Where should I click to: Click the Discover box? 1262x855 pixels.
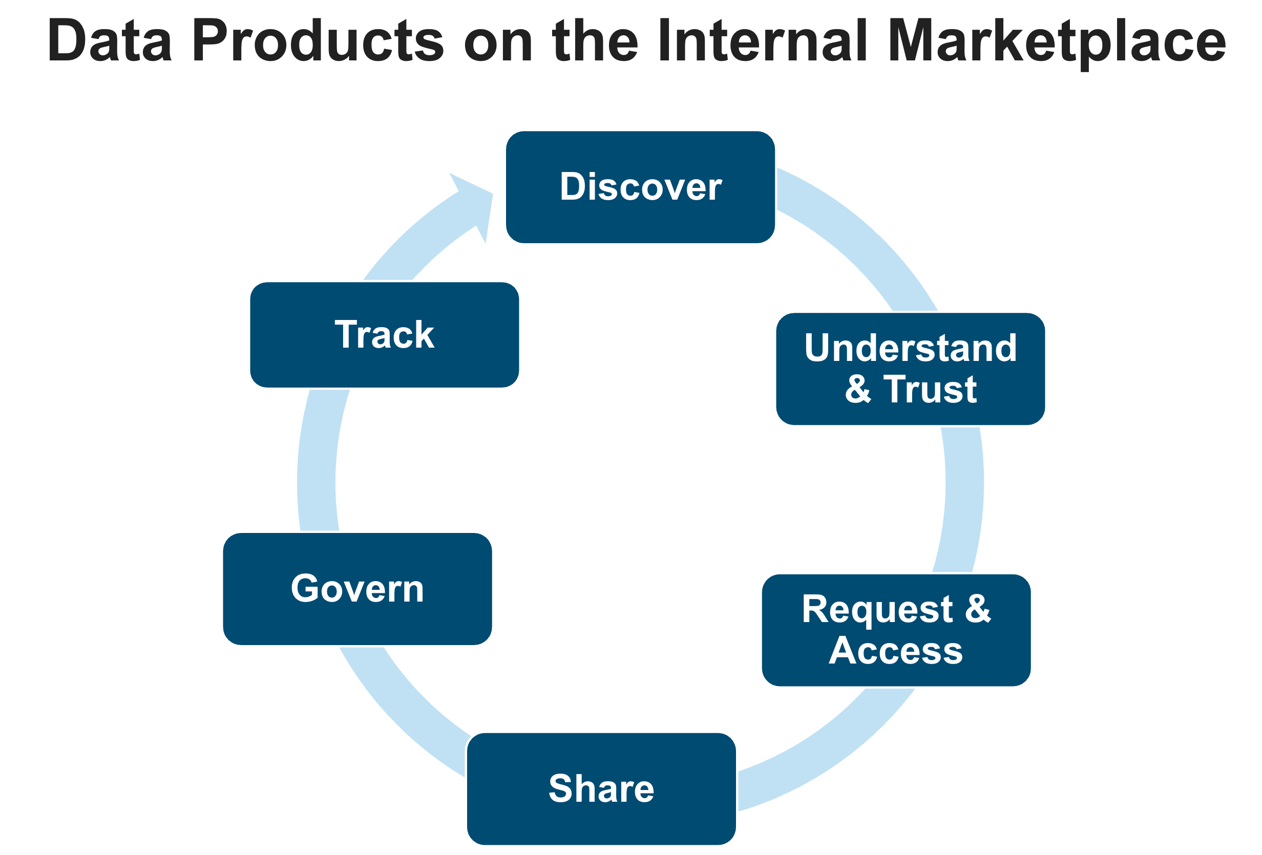(x=640, y=187)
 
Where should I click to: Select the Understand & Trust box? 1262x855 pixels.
(x=910, y=369)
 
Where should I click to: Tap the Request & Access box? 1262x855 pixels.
(x=896, y=630)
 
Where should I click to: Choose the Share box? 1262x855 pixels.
(x=601, y=788)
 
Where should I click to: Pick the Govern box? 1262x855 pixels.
(x=357, y=588)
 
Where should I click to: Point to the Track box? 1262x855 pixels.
(x=384, y=334)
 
